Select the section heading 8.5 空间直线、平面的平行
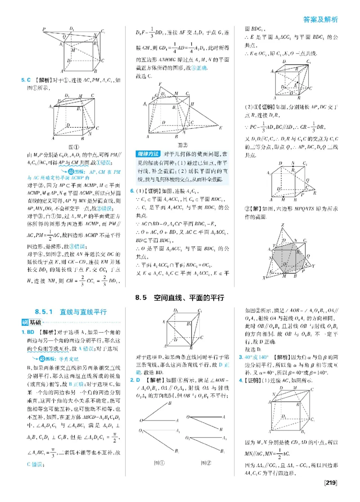[180, 298]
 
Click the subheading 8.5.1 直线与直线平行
[71, 312]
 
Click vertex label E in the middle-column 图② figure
[221, 128]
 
